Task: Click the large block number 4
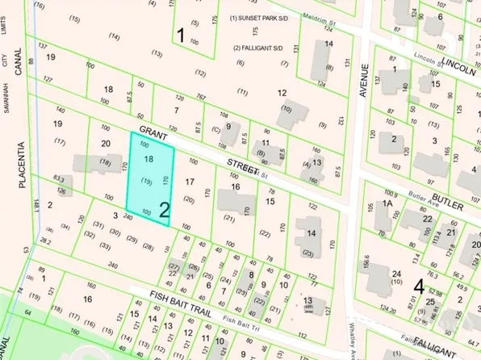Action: (x=418, y=285)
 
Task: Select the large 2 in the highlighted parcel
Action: (x=164, y=211)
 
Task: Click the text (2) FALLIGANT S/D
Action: (x=257, y=48)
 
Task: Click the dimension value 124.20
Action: (x=391, y=309)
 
